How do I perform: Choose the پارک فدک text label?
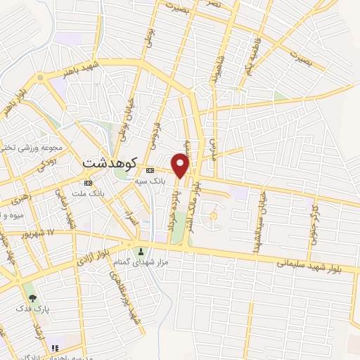pos(32,310)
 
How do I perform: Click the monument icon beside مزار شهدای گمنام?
pos(141,252)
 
